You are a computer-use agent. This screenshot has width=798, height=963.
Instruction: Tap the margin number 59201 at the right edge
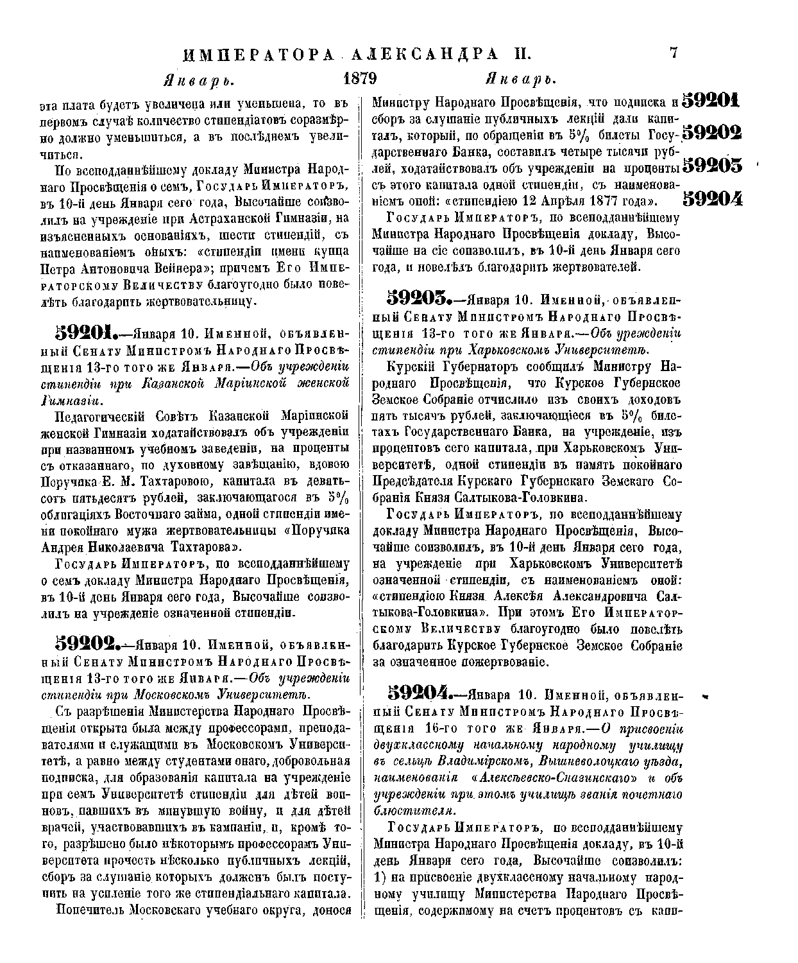pos(711,100)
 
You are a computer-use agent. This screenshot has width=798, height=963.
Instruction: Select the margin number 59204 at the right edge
pos(712,198)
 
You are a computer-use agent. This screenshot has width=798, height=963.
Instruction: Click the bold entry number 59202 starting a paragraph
pos(87,643)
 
